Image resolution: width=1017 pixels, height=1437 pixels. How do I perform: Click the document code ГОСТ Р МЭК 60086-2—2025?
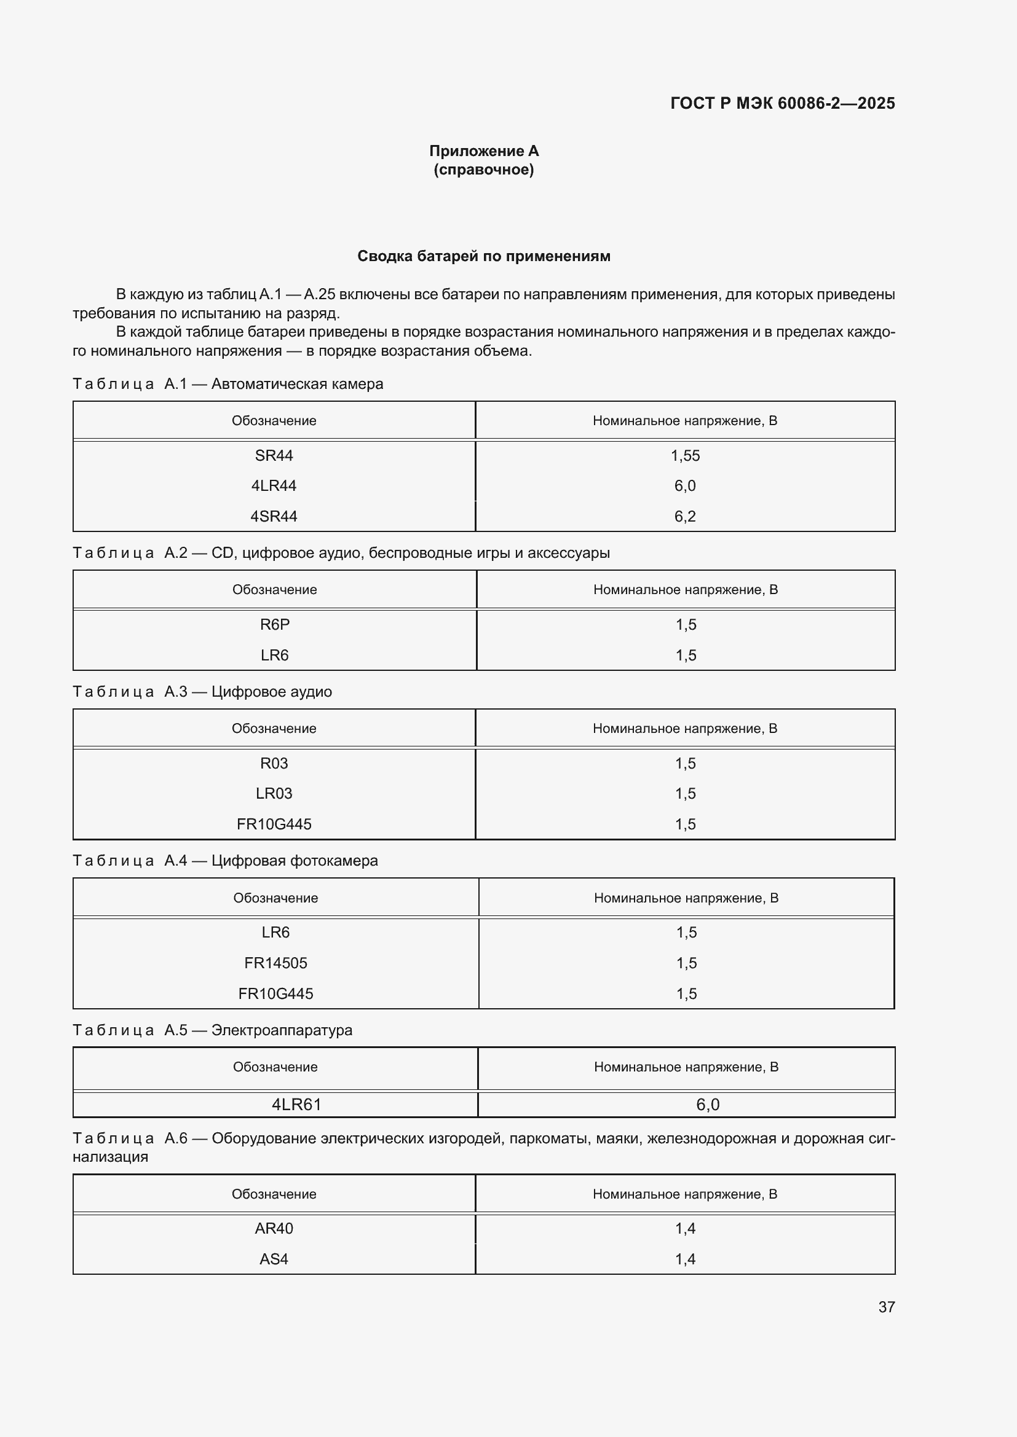tap(782, 103)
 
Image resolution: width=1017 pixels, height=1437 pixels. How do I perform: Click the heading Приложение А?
tap(483, 151)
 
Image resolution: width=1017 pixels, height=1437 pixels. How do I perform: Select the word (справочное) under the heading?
tap(483, 170)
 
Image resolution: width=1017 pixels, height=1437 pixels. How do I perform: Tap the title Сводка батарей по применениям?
tap(483, 256)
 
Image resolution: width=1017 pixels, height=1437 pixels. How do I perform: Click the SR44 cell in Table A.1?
tap(274, 456)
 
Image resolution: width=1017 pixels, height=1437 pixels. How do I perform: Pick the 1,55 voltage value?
tap(685, 456)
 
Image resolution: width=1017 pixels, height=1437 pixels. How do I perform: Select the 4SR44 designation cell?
tap(274, 516)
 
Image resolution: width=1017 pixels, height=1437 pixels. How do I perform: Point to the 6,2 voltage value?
tap(685, 516)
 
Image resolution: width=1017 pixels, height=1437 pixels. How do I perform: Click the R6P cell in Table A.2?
tap(274, 625)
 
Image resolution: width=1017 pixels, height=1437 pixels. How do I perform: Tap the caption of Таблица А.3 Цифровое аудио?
tap(202, 692)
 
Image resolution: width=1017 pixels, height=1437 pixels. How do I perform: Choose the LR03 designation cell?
tap(274, 794)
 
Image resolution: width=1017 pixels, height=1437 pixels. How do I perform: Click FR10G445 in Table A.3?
tap(274, 824)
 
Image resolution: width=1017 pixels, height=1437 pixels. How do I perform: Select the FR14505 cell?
tap(275, 963)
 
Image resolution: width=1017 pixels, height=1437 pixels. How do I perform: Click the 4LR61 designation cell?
tap(296, 1105)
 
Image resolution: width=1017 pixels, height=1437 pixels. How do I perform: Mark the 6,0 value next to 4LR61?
tap(708, 1105)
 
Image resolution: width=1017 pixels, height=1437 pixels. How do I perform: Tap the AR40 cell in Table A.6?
tap(274, 1228)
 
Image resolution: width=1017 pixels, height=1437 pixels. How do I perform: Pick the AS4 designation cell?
tap(274, 1259)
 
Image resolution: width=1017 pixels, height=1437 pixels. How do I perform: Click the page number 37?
tap(886, 1307)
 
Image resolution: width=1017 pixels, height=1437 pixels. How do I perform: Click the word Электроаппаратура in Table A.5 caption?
tap(282, 1030)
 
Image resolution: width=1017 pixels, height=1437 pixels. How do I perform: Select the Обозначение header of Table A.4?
tap(275, 898)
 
